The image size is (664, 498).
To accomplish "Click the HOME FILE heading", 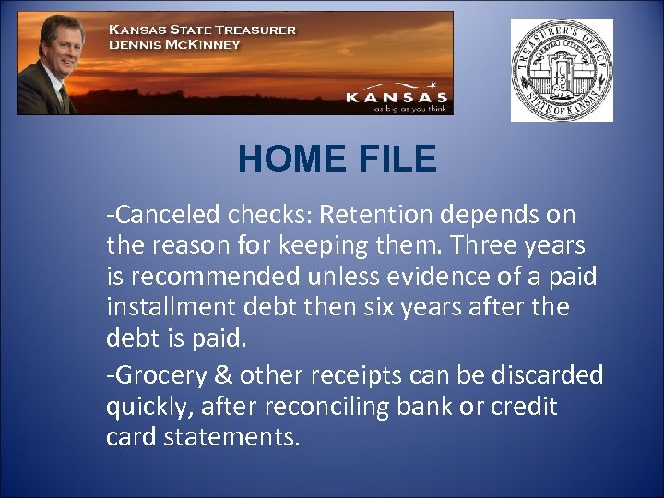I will coord(337,160).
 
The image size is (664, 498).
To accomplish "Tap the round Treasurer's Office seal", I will coord(562,70).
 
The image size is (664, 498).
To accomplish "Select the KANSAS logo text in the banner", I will coord(396,97).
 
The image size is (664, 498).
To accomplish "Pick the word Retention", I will coord(378,215).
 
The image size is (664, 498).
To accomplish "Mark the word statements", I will coord(231,436).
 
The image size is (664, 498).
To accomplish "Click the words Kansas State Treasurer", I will coord(203,29).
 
